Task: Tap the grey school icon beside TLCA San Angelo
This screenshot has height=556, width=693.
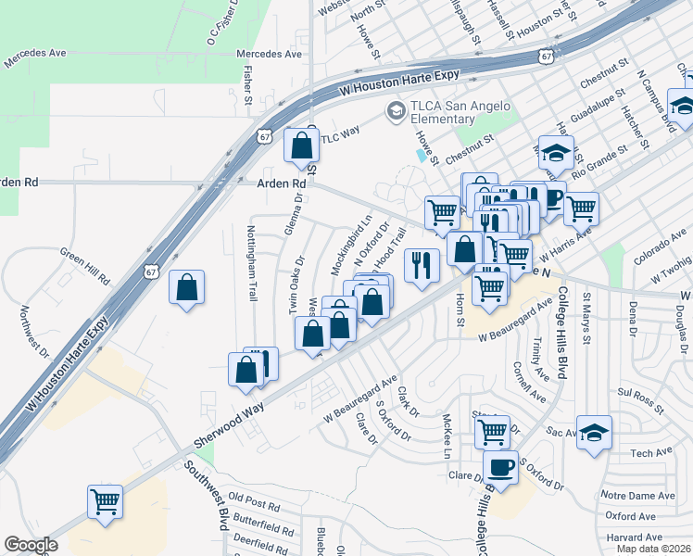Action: coord(397,111)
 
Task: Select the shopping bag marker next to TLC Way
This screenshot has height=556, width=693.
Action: coord(301,145)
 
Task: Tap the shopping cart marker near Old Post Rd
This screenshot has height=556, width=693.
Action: coord(105,502)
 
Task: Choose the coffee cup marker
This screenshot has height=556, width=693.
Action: coord(500,467)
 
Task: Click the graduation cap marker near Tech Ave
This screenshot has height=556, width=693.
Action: coord(594,432)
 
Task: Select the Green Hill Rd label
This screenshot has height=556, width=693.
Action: coord(84,264)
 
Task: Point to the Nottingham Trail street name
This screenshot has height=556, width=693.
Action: coord(252,263)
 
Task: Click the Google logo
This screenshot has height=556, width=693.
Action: coord(31,545)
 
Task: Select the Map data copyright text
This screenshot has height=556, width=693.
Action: coord(653,549)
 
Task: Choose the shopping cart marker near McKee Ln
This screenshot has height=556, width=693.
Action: coord(492,431)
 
